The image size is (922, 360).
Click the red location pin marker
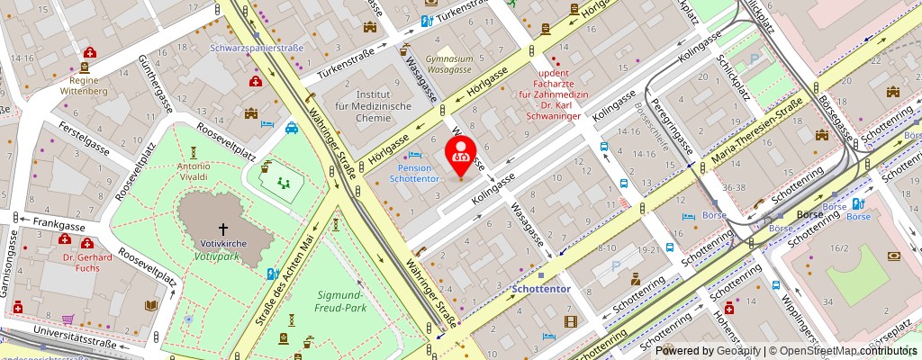coord(460,153)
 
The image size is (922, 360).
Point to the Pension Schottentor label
coord(415,173)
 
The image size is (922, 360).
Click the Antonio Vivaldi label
coord(194,173)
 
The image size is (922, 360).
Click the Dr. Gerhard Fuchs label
coord(87,263)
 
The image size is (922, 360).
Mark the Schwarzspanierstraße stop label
coord(256,48)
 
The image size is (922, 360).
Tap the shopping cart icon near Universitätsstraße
coord(68,319)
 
